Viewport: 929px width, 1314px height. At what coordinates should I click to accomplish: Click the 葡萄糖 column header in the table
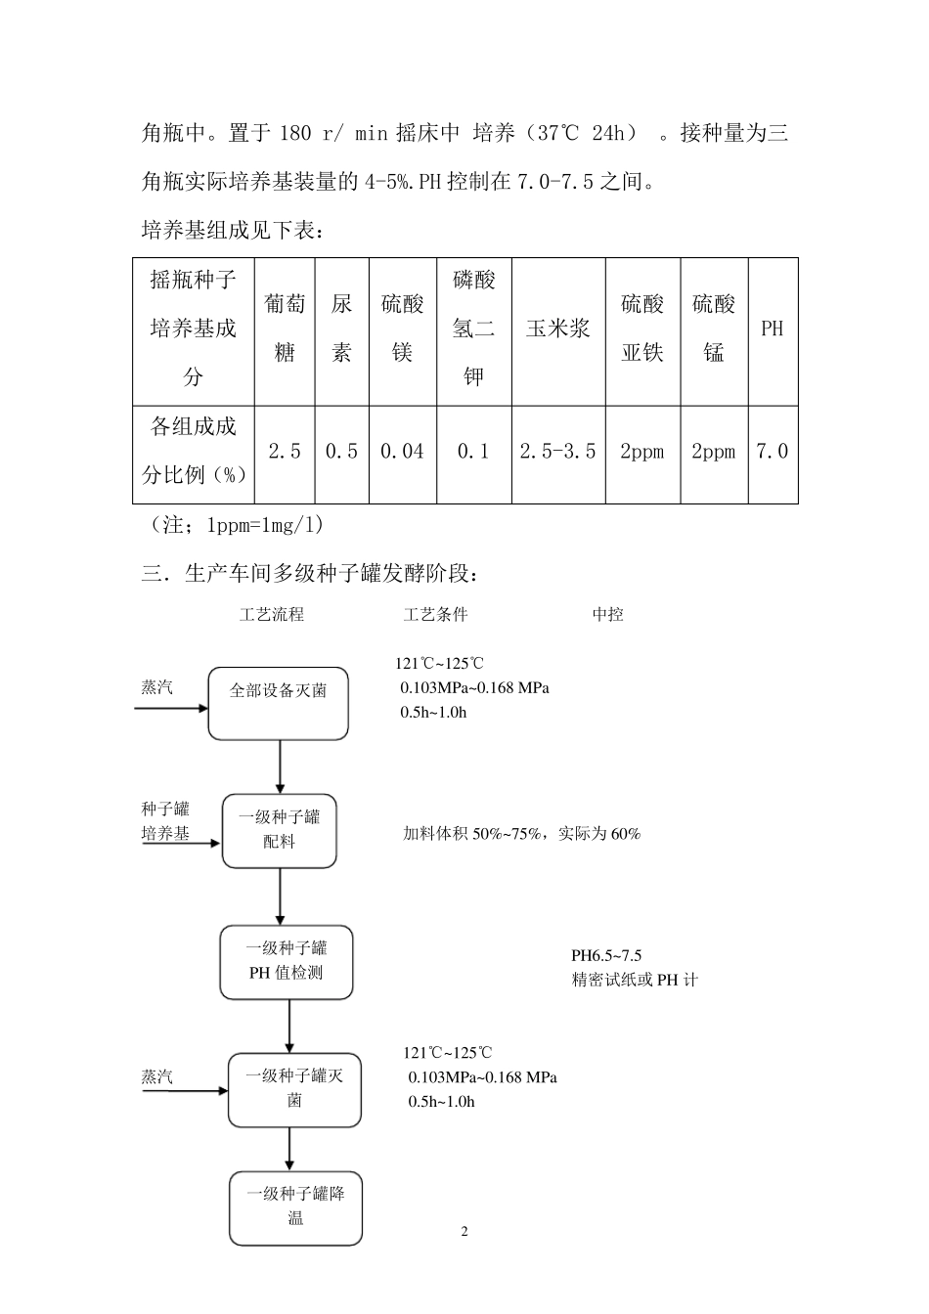(x=285, y=328)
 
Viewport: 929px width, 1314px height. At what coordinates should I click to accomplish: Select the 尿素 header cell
(x=341, y=328)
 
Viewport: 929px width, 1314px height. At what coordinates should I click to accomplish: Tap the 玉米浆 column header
(x=558, y=329)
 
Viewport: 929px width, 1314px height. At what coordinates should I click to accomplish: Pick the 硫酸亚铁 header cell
(x=642, y=328)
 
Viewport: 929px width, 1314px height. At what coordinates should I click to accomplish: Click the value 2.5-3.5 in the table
(x=557, y=452)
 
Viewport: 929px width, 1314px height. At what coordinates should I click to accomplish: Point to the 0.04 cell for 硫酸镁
(x=402, y=452)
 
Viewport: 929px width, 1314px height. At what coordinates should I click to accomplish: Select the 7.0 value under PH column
(x=773, y=452)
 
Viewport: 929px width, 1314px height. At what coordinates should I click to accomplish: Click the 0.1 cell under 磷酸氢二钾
(x=473, y=452)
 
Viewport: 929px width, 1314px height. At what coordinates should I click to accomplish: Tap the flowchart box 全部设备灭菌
(x=279, y=703)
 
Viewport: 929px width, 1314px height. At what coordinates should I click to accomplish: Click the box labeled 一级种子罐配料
(x=280, y=830)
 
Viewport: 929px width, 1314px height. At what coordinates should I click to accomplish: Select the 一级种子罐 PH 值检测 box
(x=287, y=962)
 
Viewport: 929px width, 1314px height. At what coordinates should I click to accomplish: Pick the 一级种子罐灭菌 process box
(x=294, y=1089)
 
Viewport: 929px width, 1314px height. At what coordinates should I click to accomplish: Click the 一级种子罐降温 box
(x=295, y=1207)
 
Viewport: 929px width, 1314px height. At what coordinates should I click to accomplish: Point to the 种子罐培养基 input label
(x=165, y=821)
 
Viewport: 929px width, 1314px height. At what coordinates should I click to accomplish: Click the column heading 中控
(x=607, y=615)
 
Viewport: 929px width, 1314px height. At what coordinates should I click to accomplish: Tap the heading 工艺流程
(x=272, y=615)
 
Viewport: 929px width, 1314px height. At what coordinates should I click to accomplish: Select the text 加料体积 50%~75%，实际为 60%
(x=522, y=834)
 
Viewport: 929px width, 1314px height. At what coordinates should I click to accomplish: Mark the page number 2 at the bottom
(x=464, y=1231)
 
